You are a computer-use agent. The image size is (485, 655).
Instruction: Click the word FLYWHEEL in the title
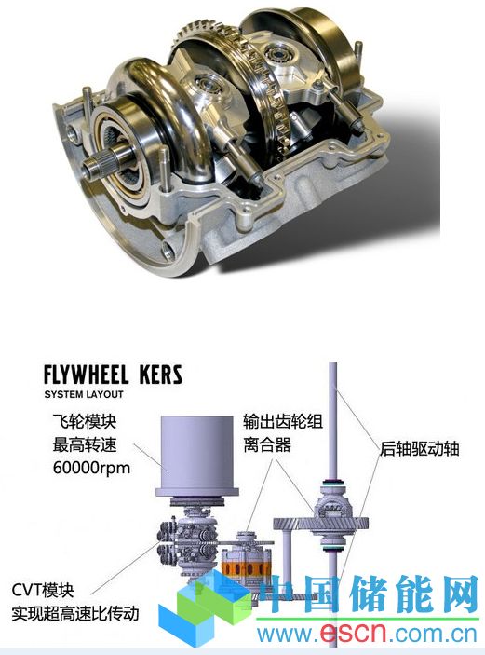point(86,375)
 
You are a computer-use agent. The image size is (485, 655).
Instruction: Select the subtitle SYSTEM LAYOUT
point(84,394)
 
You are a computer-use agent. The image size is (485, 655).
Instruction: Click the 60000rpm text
point(91,468)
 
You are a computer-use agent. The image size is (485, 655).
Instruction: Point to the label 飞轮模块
point(85,421)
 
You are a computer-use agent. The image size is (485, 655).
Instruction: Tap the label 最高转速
point(85,444)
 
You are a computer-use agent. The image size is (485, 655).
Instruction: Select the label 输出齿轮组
point(283,421)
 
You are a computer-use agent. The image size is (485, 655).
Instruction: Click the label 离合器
point(267,444)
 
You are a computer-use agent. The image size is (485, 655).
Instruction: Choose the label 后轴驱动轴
point(420,449)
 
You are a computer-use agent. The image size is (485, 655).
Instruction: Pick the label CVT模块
point(43,591)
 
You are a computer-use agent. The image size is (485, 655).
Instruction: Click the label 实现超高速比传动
point(75,614)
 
